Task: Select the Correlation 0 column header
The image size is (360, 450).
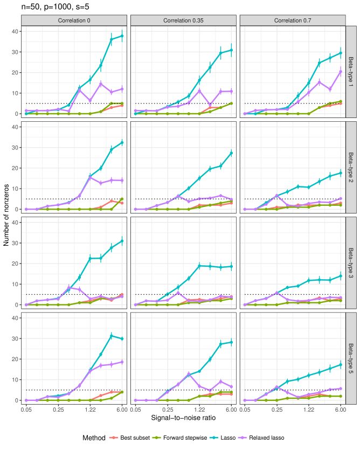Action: [x=74, y=20]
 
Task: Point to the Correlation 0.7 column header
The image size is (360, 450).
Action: [x=293, y=20]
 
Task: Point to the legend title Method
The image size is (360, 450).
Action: [x=94, y=438]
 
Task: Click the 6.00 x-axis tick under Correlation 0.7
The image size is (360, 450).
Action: [x=340, y=410]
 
